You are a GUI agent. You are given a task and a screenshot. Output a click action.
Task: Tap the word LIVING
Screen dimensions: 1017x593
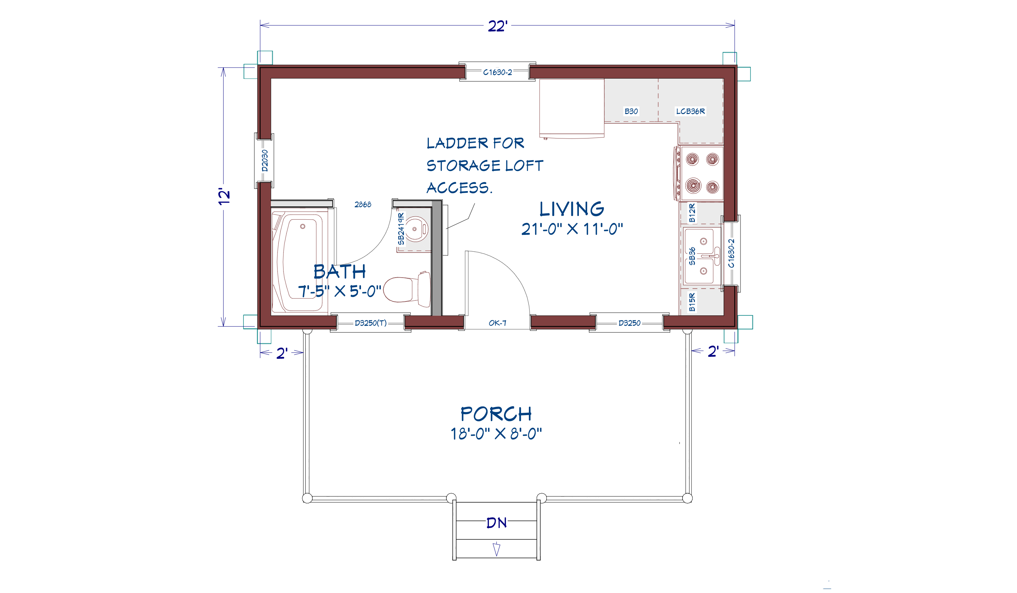572,209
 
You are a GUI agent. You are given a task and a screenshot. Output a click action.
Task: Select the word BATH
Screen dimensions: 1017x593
339,272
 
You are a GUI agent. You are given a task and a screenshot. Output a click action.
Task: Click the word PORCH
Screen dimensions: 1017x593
496,414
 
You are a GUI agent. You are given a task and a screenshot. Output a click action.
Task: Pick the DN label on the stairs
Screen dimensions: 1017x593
496,523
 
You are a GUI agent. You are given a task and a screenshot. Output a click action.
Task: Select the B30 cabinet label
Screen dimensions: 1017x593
631,111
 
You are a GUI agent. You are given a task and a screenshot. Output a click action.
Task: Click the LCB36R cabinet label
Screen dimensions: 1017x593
690,111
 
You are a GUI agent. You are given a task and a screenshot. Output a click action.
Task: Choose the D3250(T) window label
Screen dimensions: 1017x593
371,323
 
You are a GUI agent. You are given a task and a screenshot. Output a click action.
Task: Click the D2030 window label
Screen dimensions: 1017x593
265,161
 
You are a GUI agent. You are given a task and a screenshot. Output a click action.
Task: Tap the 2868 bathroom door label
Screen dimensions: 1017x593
362,205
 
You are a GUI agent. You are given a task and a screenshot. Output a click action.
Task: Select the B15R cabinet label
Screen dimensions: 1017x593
692,302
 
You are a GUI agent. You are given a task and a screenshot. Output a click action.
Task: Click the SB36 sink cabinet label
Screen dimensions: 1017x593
692,256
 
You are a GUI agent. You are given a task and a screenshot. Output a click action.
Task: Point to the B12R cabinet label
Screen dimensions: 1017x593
692,213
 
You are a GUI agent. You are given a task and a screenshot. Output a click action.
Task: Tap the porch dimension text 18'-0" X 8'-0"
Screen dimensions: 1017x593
496,434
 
